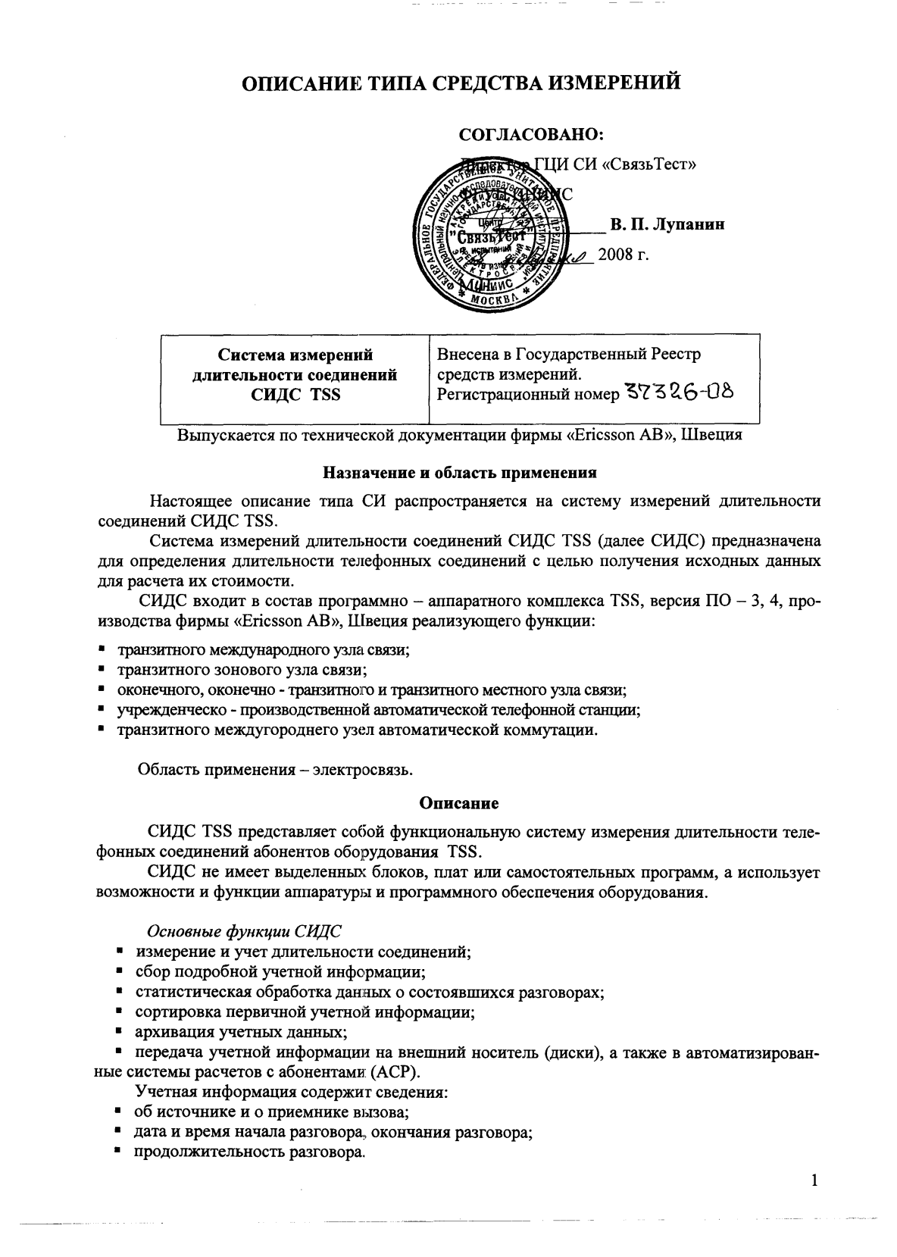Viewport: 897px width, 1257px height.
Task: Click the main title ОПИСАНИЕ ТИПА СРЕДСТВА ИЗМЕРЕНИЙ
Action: click(x=461, y=83)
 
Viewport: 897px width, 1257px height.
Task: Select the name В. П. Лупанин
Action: click(x=667, y=224)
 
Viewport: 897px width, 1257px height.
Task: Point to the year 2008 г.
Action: click(x=624, y=254)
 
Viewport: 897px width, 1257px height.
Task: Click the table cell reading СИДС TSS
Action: click(x=295, y=395)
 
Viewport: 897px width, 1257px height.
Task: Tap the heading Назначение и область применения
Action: click(x=460, y=473)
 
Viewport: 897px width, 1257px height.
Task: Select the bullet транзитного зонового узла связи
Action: click(x=242, y=670)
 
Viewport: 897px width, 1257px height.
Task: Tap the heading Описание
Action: click(x=459, y=802)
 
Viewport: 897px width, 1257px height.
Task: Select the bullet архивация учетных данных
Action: click(x=241, y=1032)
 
